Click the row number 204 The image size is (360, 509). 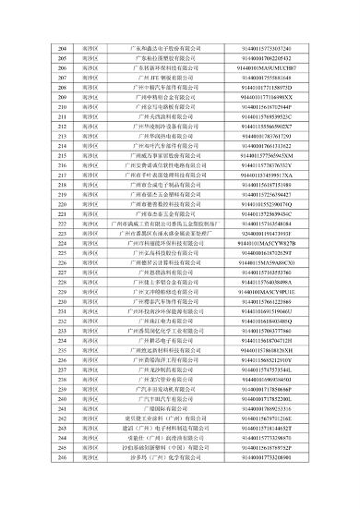click(x=64, y=46)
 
